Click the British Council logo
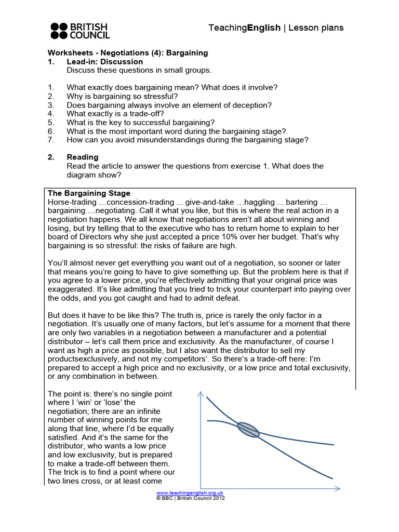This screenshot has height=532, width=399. [80, 31]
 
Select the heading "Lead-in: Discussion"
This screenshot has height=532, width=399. [104, 61]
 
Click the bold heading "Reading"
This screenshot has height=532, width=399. [82, 157]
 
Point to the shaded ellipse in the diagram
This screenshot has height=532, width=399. [248, 429]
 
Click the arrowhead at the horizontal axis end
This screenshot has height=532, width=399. [336, 488]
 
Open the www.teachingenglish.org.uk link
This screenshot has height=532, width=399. [190, 492]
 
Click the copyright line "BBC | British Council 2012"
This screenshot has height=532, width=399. [190, 497]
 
